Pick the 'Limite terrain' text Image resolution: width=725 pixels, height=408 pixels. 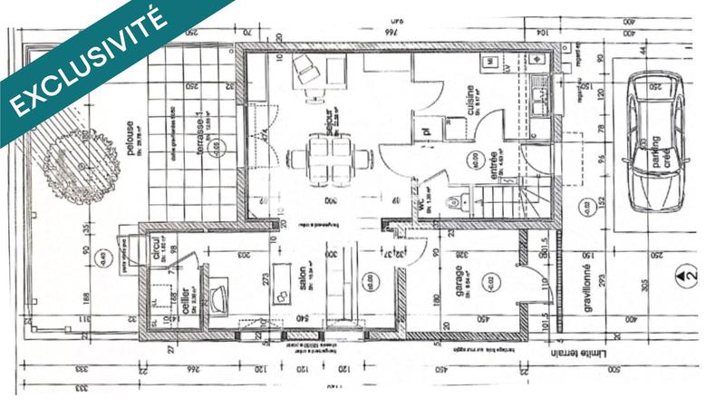pyautogui.click(x=580, y=349)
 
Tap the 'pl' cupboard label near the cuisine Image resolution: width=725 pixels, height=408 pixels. pyautogui.click(x=422, y=131)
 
